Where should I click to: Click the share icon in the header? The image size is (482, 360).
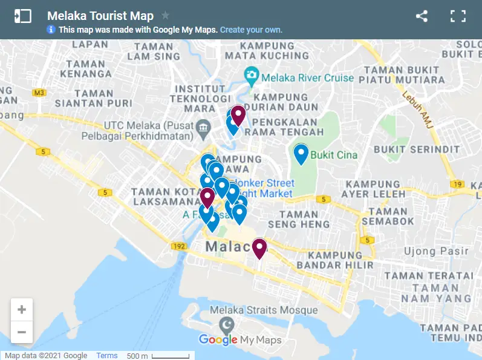click(x=422, y=16)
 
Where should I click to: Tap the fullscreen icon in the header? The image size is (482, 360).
click(x=458, y=16)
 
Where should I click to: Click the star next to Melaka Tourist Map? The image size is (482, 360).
click(x=166, y=16)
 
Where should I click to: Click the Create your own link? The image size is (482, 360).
click(x=251, y=30)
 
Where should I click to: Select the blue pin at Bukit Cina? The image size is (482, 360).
click(x=301, y=154)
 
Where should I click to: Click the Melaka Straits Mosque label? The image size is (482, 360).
click(x=263, y=310)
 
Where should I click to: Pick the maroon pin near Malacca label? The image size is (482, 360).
click(x=259, y=247)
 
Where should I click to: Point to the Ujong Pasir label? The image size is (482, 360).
click(x=445, y=250)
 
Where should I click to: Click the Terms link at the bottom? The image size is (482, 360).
click(x=107, y=356)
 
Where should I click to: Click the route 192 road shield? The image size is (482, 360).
click(x=178, y=246)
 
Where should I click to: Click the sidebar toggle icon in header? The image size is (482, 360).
click(x=22, y=16)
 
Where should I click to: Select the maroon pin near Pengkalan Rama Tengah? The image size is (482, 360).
click(x=238, y=114)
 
